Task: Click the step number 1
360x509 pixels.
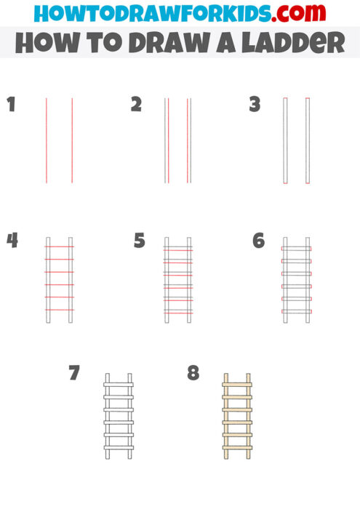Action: point(10,105)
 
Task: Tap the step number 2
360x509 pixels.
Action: point(136,105)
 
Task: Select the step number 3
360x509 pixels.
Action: point(255,105)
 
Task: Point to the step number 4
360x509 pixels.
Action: point(12,240)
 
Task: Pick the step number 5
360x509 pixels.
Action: point(140,240)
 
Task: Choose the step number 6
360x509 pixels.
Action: point(258,240)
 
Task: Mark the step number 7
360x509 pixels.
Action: point(73,374)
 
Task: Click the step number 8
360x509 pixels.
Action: point(193,374)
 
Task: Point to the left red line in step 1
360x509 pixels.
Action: point(47,140)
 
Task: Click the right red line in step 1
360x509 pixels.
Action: point(72,140)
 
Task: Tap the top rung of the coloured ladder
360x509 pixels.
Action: point(237,383)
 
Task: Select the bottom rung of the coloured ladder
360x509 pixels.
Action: point(237,446)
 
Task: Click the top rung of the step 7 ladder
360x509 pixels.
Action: point(119,383)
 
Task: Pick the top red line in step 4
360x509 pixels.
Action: point(59,247)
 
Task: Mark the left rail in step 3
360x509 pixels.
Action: point(284,140)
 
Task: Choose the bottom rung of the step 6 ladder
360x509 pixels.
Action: point(296,311)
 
